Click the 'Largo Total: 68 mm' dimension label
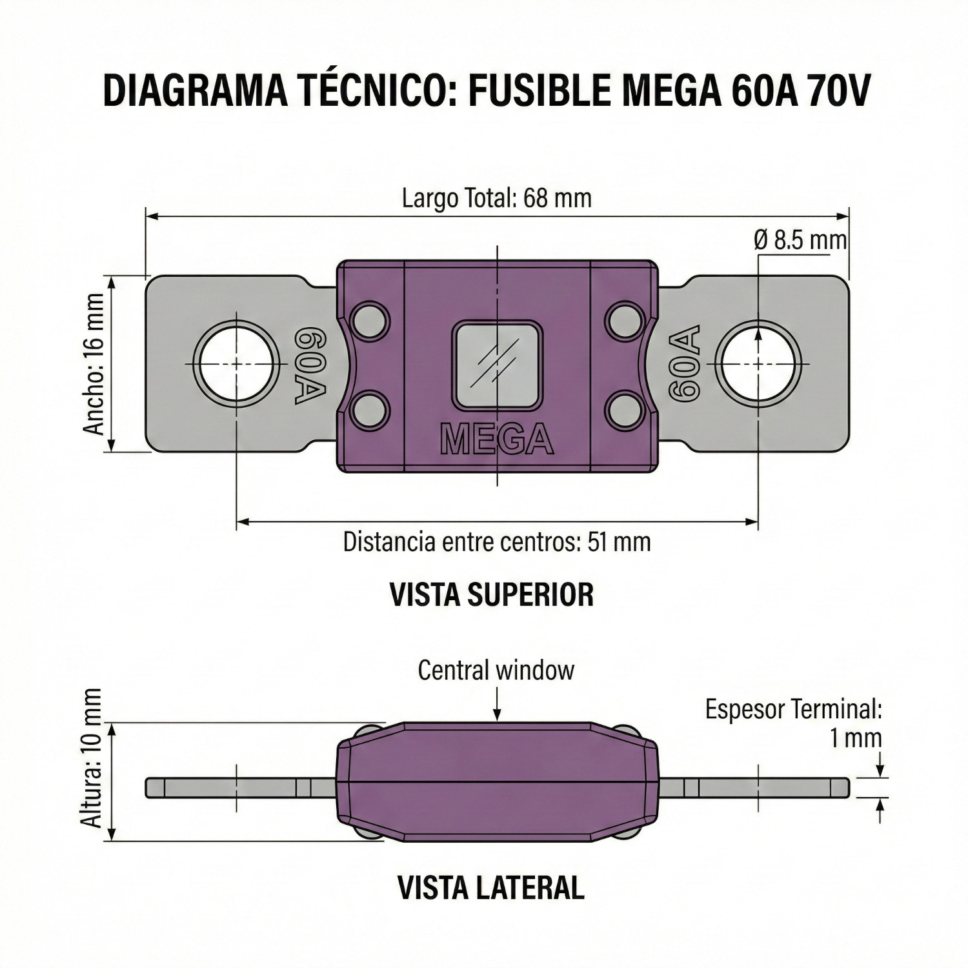coord(496,197)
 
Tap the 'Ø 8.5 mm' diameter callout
coord(800,240)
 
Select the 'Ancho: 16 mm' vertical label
coord(94,364)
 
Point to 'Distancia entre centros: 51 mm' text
coord(496,541)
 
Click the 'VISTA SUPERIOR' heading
coord(492,594)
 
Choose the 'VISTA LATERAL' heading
coord(491,888)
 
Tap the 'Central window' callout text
coord(496,670)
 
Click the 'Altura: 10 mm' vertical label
coord(92,758)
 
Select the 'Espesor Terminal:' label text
coord(793,709)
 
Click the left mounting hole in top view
coord(237,364)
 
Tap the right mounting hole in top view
coord(760,364)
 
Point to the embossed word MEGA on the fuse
coord(496,440)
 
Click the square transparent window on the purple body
coord(497,366)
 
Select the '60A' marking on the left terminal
coord(310,366)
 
